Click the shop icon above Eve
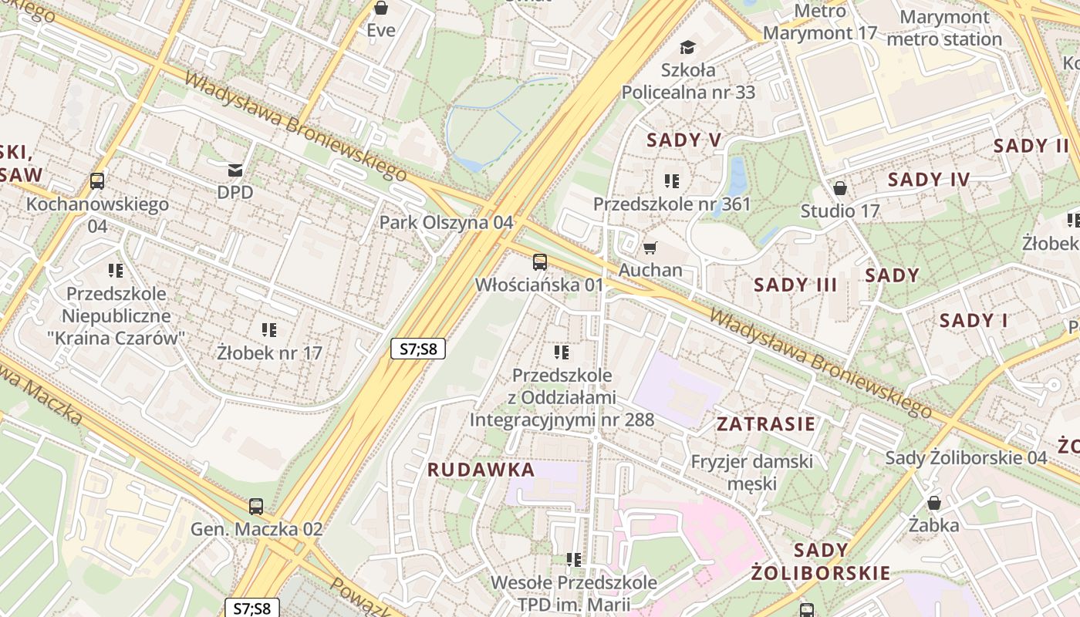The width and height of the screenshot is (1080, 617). [x=380, y=8]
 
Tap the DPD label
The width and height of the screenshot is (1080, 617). [x=235, y=192]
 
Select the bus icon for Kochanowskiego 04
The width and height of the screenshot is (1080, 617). [x=97, y=181]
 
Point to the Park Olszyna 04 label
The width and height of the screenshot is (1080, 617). [x=446, y=222]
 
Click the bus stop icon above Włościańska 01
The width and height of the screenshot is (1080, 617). [x=540, y=262]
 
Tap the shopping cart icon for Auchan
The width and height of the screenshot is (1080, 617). [x=650, y=248]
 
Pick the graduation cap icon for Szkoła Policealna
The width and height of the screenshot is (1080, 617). [x=687, y=48]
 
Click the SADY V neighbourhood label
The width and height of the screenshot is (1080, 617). [x=683, y=140]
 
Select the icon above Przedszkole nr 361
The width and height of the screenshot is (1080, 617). [x=672, y=181]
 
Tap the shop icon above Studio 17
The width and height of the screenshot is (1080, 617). [x=840, y=188]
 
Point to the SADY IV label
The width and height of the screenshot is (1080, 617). [x=928, y=180]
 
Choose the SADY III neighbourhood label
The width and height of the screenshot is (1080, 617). [x=795, y=285]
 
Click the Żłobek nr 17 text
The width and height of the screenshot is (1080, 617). [x=269, y=353]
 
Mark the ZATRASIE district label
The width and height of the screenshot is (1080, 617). [x=765, y=423]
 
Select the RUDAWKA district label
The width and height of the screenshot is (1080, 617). [x=481, y=470]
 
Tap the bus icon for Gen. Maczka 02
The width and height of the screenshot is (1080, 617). [x=256, y=507]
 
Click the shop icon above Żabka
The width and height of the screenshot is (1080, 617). [x=934, y=503]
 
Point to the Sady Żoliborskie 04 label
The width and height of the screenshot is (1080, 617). [x=966, y=457]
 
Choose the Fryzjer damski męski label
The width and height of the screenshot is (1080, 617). [x=751, y=472]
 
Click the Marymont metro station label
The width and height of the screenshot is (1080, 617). [x=944, y=28]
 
